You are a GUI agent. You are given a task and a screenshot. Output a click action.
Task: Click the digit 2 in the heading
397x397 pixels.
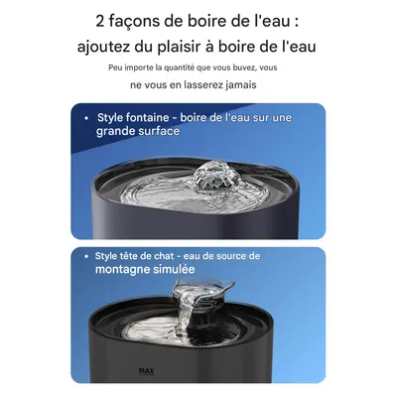(x=101, y=20)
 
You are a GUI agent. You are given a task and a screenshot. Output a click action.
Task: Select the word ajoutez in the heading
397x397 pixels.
(x=110, y=46)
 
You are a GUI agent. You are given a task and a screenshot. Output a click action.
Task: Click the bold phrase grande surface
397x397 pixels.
(x=139, y=132)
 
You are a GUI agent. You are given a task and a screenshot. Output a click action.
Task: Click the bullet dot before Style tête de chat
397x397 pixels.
(x=88, y=256)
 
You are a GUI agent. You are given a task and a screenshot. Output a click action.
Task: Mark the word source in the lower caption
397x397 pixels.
(x=242, y=256)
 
